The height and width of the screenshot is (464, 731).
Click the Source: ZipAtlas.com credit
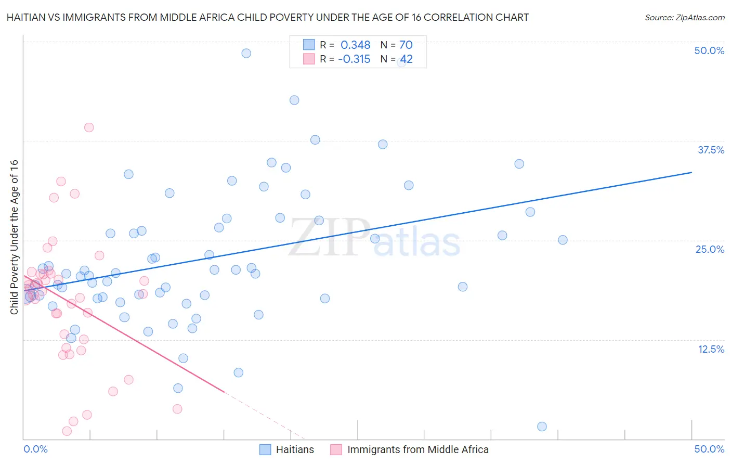coord(684,18)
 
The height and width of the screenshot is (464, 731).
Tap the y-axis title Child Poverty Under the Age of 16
coord(14,237)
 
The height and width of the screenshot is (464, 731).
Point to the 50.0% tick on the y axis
coord(709,50)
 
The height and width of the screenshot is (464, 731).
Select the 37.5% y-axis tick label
coord(711,150)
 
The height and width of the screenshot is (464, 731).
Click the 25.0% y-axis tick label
coord(710,249)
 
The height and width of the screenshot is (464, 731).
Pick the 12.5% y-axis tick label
coord(711,349)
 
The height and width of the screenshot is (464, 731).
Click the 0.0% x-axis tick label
coord(35,449)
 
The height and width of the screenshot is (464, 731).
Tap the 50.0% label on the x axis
coord(709,449)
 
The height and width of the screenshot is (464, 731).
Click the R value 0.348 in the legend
coord(355,45)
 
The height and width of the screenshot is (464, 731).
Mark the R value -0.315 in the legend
coord(354,59)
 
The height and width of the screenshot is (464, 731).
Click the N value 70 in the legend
coord(406,45)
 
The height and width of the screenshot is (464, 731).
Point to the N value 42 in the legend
coord(406,59)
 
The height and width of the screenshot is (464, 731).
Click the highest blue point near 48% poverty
coord(246,53)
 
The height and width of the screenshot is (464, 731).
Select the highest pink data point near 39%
coord(89,127)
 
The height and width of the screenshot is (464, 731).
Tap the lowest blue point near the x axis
coord(542,427)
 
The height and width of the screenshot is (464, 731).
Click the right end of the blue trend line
coord(691,172)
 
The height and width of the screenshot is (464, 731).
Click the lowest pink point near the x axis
coord(67,431)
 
